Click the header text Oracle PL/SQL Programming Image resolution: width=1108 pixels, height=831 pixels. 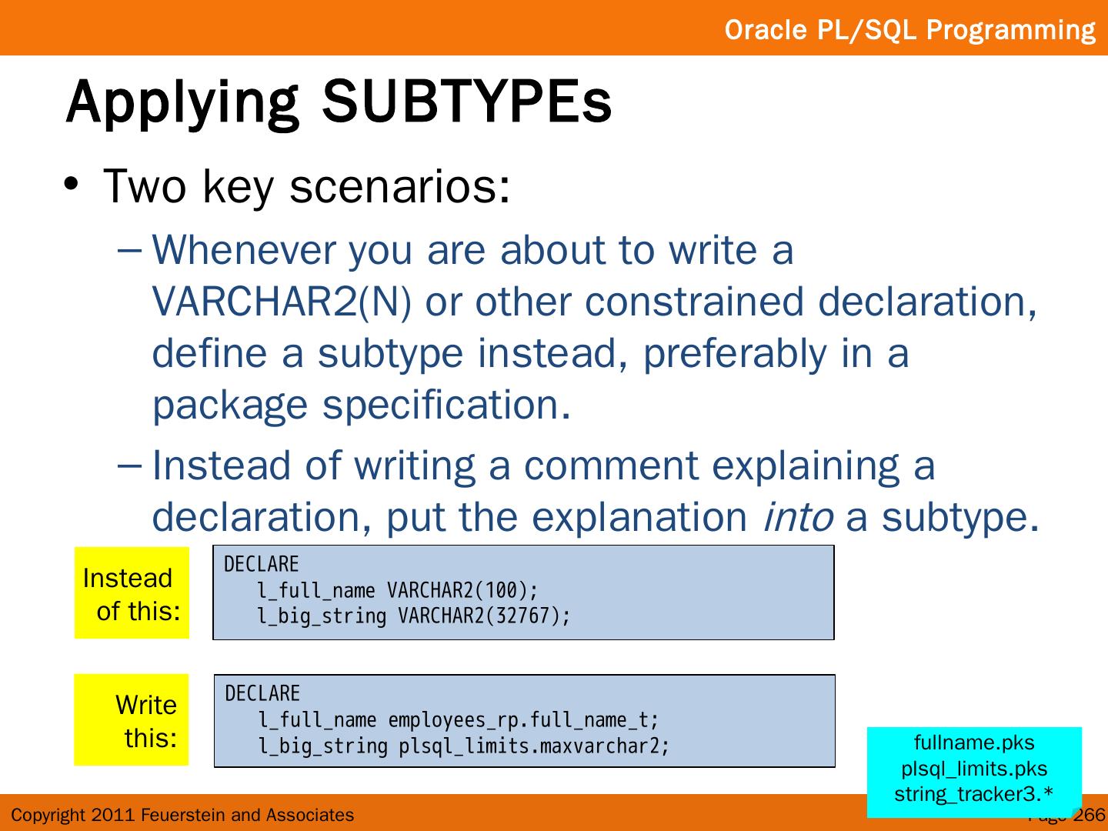pyautogui.click(x=909, y=30)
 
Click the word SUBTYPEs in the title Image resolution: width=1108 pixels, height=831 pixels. pyautogui.click(x=467, y=102)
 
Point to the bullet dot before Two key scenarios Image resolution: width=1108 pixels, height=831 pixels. pyautogui.click(x=72, y=184)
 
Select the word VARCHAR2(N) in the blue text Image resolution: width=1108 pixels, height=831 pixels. pyautogui.click(x=282, y=302)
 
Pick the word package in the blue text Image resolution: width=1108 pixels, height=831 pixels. pyautogui.click(x=230, y=407)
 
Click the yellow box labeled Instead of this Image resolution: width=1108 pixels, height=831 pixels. pyautogui.click(x=132, y=592)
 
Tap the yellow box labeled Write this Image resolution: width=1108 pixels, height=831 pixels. pyautogui.click(x=132, y=720)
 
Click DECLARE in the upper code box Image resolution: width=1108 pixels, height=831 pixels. pyautogui.click(x=262, y=564)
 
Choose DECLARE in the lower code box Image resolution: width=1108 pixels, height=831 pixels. pyautogui.click(x=262, y=694)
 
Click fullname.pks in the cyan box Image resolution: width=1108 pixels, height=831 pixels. pyautogui.click(x=974, y=743)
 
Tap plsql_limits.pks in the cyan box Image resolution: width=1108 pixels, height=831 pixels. pyautogui.click(x=974, y=769)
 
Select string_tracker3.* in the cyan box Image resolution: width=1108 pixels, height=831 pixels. pyautogui.click(x=974, y=795)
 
